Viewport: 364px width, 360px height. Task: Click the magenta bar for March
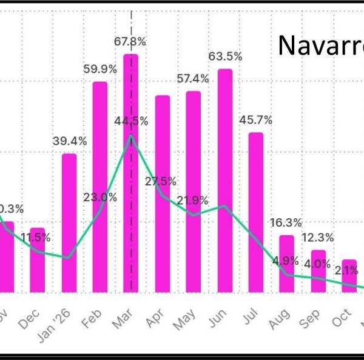coord(131,176)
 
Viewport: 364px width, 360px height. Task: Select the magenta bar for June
coord(225,182)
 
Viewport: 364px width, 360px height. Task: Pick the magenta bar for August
coord(287,264)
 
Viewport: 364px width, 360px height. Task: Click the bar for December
coord(38,261)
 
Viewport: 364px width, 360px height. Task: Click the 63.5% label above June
coord(225,56)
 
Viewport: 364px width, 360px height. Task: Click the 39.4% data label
coord(69,141)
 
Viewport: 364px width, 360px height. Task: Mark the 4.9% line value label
coord(285,261)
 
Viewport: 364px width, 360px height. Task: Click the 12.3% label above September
coord(318,237)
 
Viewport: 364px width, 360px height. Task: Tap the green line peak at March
coord(131,136)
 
